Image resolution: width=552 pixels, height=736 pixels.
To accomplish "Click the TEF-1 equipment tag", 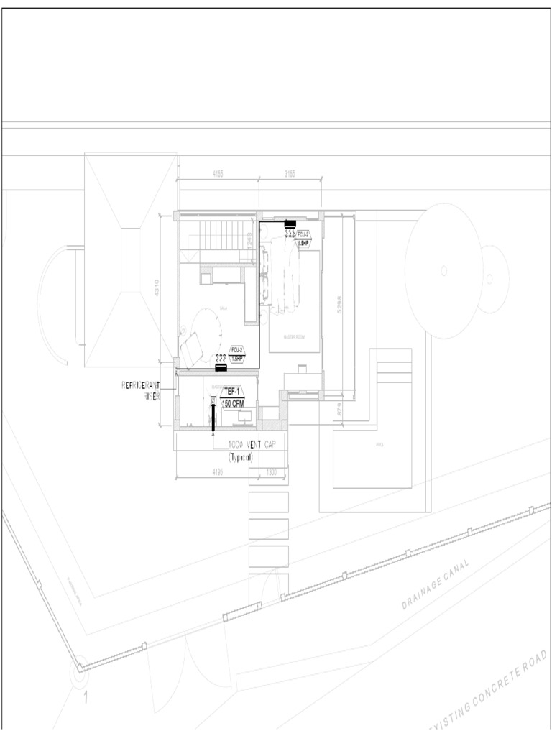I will [231, 392].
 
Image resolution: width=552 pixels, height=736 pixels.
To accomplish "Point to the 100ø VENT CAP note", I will [252, 445].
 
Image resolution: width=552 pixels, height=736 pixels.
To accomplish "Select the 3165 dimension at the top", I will [290, 174].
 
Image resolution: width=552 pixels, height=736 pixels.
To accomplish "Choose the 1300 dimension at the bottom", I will [272, 472].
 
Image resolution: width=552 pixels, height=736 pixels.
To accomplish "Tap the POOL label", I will [379, 445].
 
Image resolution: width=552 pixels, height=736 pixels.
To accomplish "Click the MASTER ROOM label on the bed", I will [295, 336].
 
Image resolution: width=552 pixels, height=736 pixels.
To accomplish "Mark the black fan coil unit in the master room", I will [291, 224].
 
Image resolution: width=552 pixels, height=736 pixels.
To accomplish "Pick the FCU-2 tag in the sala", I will [237, 350].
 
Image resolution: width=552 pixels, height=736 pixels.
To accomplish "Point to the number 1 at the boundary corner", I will [86, 697].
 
